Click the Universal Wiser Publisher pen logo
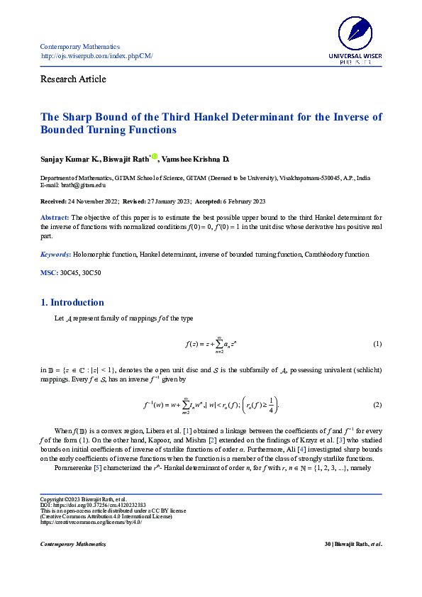[355, 33]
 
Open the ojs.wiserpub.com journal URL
[96, 56]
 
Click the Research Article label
[73, 79]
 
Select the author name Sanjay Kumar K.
[70, 159]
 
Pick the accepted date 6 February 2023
[241, 201]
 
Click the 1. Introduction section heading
[72, 303]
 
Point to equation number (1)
[377, 344]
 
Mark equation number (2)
[377, 404]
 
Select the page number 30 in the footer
[327, 544]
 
